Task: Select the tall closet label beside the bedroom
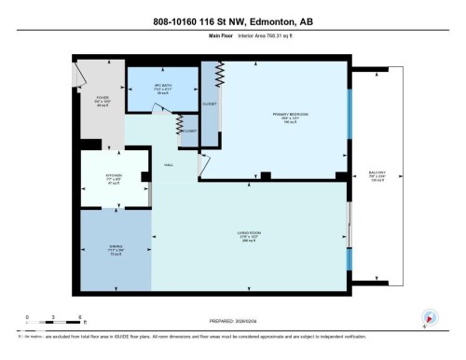click(x=210, y=104)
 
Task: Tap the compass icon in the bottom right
click(x=430, y=319)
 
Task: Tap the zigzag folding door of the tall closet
click(x=221, y=74)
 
